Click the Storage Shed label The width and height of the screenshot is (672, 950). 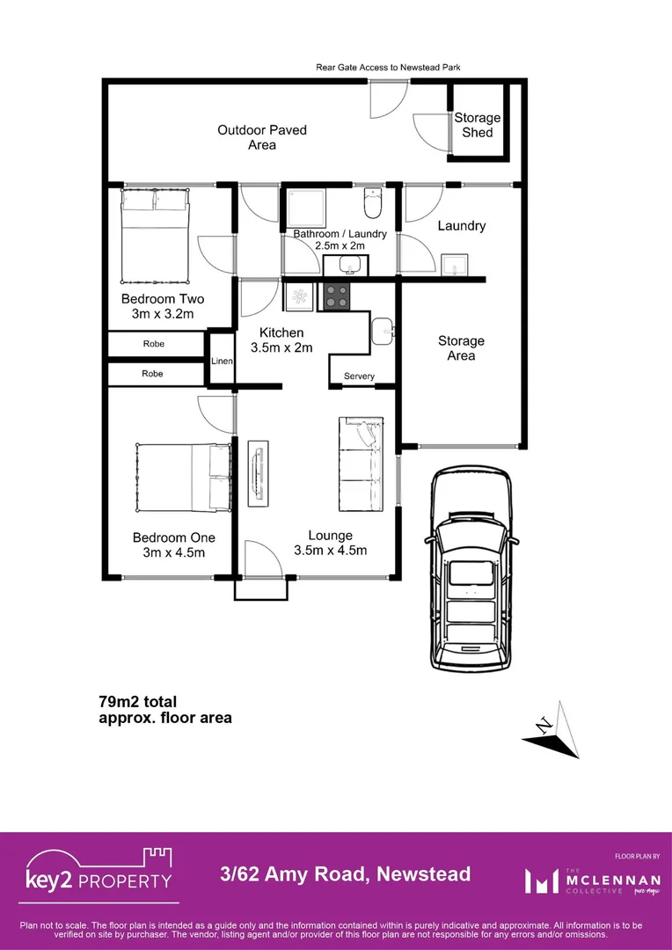(477, 125)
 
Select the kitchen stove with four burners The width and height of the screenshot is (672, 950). (335, 296)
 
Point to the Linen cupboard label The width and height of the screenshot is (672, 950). (222, 361)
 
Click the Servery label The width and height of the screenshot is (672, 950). (359, 376)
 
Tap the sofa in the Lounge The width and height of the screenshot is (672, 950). (361, 462)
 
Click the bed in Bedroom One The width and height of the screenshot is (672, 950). (183, 477)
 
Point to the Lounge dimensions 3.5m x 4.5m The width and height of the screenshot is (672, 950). (330, 551)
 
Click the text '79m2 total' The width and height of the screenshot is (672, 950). (137, 702)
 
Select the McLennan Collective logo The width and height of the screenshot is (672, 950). (581, 880)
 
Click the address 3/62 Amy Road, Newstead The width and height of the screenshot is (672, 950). (345, 874)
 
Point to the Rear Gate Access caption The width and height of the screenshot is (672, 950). (389, 67)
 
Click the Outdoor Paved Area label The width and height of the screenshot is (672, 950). (262, 137)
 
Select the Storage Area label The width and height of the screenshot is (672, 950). (461, 348)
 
